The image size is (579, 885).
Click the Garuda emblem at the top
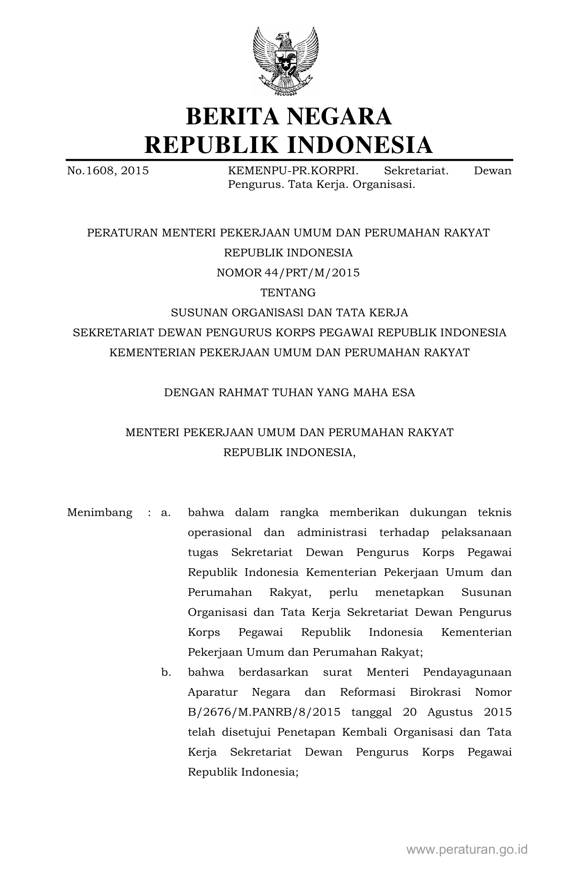(x=286, y=61)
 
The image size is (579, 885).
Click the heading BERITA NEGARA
(x=288, y=116)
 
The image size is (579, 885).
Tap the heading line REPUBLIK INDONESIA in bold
(x=288, y=145)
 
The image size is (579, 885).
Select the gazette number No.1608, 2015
(x=108, y=171)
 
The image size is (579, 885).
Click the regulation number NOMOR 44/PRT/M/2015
(x=288, y=273)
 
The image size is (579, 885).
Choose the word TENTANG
(x=288, y=293)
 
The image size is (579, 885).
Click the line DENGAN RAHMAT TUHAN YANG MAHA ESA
(x=289, y=393)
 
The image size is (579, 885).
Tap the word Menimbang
(x=100, y=513)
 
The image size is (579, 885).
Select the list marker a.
(x=166, y=513)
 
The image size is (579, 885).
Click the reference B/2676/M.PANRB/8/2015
(x=264, y=713)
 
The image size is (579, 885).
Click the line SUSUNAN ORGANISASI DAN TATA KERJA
(x=289, y=313)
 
